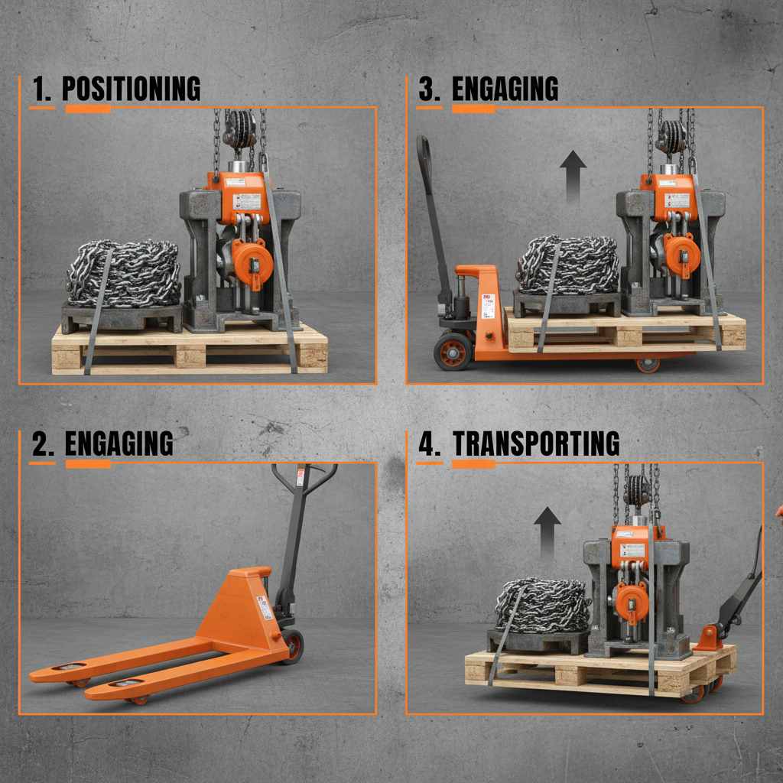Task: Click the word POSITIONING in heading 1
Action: click(x=131, y=89)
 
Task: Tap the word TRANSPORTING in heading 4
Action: click(x=535, y=443)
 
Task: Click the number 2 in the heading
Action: click(x=43, y=443)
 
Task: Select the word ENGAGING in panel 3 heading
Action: click(x=505, y=89)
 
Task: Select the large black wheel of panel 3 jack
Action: click(x=452, y=352)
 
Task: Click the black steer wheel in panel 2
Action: click(x=292, y=645)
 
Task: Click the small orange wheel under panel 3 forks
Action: click(x=647, y=365)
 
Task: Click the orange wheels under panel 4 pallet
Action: click(x=696, y=693)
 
